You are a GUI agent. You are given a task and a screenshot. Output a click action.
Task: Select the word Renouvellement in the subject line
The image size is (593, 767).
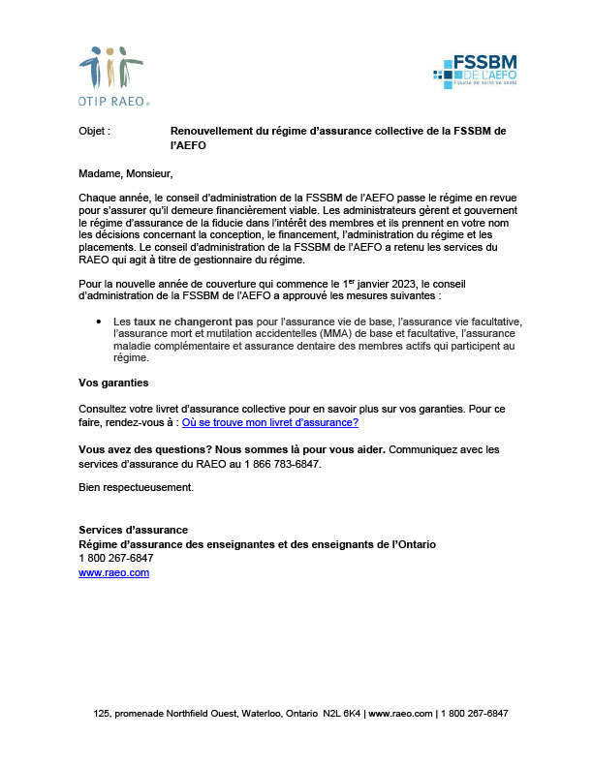pyautogui.click(x=208, y=130)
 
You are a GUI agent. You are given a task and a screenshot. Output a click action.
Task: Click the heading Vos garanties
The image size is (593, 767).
pyautogui.click(x=113, y=383)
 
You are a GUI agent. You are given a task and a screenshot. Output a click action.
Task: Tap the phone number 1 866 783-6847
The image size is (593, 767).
pyautogui.click(x=281, y=464)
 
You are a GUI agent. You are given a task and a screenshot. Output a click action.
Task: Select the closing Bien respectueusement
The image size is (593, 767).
pyautogui.click(x=136, y=486)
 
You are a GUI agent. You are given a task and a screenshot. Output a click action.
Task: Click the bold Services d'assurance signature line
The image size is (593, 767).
pyautogui.click(x=133, y=530)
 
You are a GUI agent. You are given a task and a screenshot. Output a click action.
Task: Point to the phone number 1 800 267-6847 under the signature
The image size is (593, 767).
pyautogui.click(x=115, y=558)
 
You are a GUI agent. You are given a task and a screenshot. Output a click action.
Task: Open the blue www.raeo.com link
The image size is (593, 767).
pyautogui.click(x=113, y=572)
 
